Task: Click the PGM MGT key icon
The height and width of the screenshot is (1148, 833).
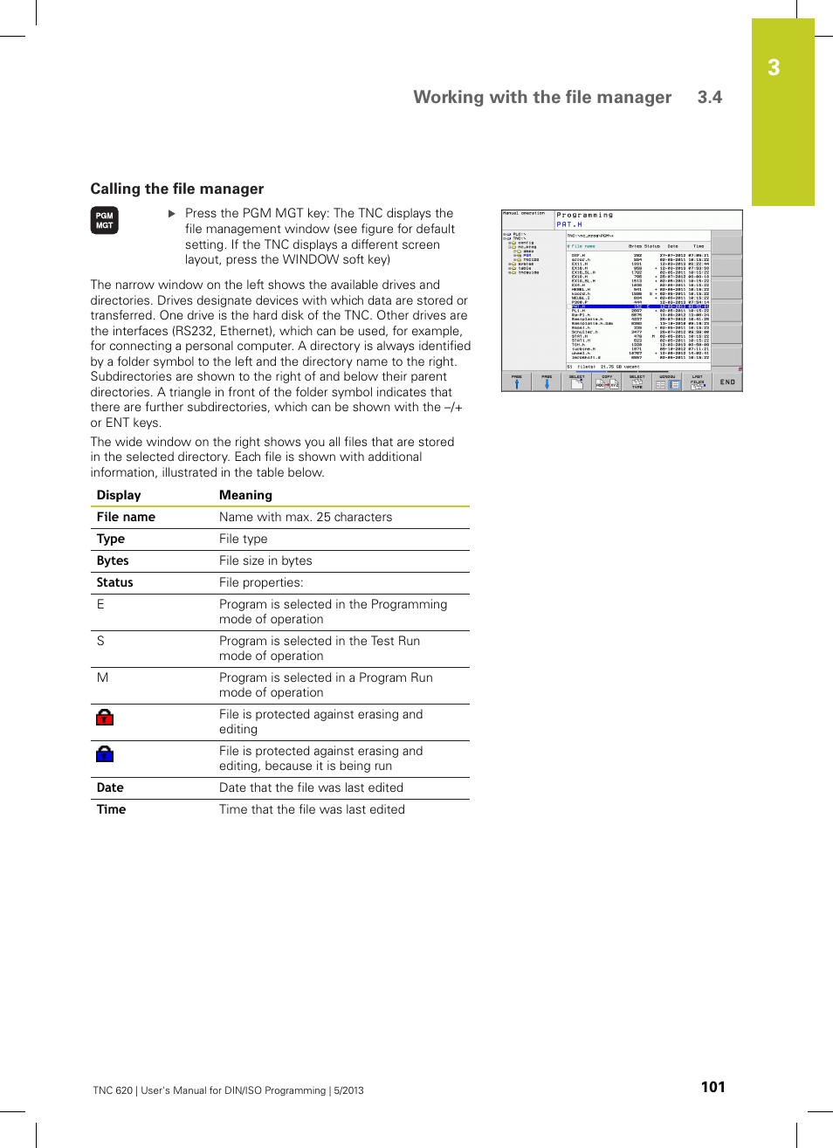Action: pyautogui.click(x=104, y=220)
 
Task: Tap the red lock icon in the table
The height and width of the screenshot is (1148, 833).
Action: pyautogui.click(x=105, y=718)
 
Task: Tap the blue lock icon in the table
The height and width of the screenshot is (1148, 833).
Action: pyautogui.click(x=105, y=754)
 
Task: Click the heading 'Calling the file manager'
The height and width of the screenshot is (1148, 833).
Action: pyautogui.click(x=177, y=189)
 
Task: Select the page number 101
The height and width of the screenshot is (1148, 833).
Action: pyautogui.click(x=713, y=1087)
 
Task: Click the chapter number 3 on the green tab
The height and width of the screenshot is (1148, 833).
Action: pyautogui.click(x=774, y=68)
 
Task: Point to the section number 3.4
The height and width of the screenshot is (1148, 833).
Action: pyautogui.click(x=709, y=97)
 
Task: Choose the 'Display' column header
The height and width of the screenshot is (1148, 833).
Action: pyautogui.click(x=119, y=495)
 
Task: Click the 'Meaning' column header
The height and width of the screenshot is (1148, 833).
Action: pyautogui.click(x=245, y=495)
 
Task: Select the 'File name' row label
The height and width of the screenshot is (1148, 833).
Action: pyautogui.click(x=126, y=517)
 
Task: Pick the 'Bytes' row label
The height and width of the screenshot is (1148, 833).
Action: pyautogui.click(x=113, y=560)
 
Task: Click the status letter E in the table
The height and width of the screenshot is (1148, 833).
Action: pyautogui.click(x=100, y=604)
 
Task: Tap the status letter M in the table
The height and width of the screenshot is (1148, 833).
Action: pyautogui.click(x=102, y=677)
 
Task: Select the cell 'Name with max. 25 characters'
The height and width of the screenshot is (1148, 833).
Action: pyautogui.click(x=306, y=517)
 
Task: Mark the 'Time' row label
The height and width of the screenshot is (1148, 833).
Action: pyautogui.click(x=111, y=809)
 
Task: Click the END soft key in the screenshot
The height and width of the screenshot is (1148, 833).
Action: pyautogui.click(x=727, y=382)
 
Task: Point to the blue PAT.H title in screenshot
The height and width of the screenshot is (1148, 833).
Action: pyautogui.click(x=569, y=224)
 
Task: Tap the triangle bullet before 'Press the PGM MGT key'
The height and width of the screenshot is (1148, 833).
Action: pyautogui.click(x=172, y=213)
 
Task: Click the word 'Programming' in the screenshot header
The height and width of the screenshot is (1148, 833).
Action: pyautogui.click(x=585, y=215)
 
